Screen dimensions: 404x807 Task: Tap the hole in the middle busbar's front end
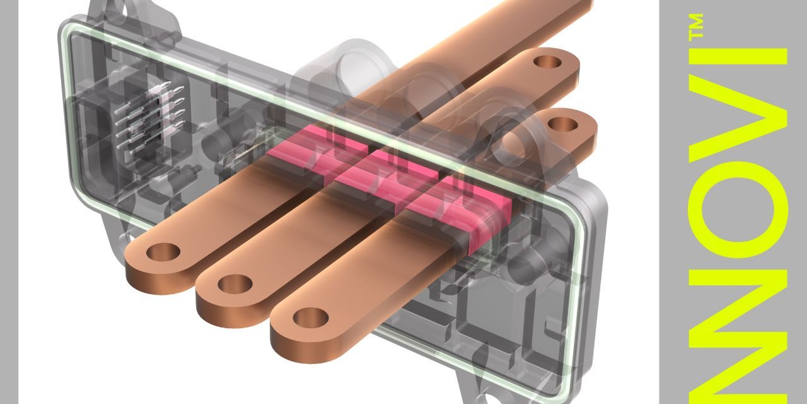[x=230, y=283]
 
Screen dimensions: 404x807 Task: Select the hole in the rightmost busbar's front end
[x=307, y=316]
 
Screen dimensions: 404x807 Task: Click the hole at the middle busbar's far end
[x=546, y=62]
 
